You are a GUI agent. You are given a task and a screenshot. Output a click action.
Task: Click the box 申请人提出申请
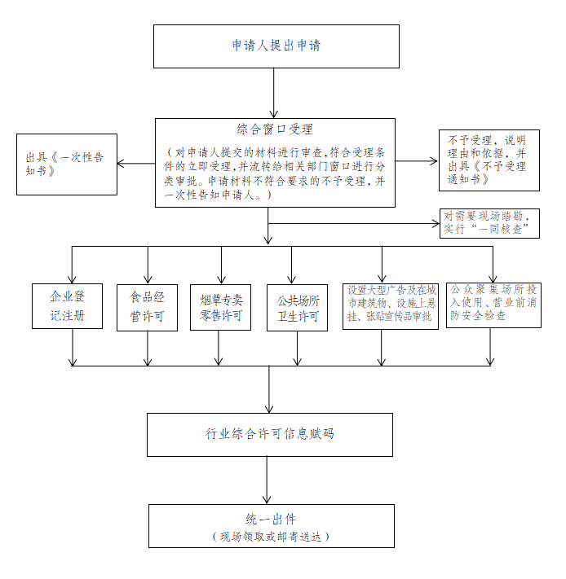276,46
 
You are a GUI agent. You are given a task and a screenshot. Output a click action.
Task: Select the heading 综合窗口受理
275,129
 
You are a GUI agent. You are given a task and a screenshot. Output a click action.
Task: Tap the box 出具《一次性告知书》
67,164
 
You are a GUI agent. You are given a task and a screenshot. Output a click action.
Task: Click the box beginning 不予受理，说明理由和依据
489,160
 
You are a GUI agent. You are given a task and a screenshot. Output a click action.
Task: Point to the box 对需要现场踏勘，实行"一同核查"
489,223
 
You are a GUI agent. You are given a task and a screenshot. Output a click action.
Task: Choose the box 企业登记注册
68,306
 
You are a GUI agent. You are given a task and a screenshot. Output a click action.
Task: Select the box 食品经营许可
147,308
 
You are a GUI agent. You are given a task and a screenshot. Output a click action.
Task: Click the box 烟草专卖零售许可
221,307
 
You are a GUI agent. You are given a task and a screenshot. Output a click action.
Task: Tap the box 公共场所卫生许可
297,308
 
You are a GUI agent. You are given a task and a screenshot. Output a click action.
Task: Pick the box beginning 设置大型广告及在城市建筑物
391,306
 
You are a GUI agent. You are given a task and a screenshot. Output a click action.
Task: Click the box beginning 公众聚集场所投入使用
494,305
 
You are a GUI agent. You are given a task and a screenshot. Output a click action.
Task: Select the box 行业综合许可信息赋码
270,435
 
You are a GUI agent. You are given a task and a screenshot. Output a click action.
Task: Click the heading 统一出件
271,520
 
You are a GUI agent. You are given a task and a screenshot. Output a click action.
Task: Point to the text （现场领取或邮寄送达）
271,537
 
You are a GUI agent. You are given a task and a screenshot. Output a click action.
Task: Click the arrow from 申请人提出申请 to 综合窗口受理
273,93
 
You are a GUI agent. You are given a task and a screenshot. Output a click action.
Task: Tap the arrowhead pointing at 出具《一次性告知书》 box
120,163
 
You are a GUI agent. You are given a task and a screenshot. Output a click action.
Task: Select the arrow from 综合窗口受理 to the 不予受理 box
417,161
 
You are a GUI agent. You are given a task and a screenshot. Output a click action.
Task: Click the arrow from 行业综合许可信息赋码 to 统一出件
267,480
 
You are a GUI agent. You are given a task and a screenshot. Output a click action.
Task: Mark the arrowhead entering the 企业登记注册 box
72,280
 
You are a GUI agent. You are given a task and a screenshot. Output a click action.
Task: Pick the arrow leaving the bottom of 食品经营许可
148,349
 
